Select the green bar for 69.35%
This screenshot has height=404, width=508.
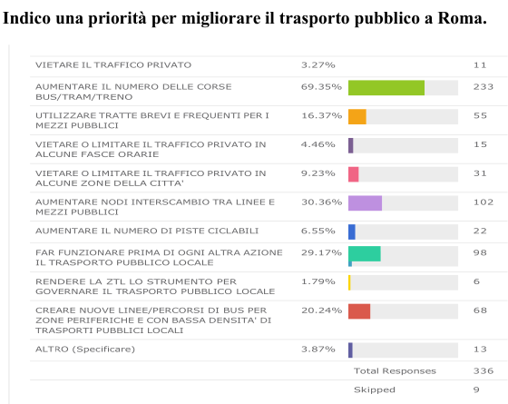pos(386,87)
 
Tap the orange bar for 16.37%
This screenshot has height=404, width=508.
pos(357,116)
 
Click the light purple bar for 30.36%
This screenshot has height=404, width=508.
pos(365,203)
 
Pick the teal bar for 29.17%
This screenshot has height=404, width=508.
pos(364,253)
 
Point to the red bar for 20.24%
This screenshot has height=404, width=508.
pos(359,311)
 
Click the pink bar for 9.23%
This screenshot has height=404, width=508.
pos(353,174)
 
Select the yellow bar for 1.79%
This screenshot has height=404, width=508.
pos(349,282)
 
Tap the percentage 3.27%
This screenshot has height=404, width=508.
pos(317,65)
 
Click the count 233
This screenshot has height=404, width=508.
pos(483,87)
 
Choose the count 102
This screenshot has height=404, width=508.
pos(483,202)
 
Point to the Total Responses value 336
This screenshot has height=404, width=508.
pos(483,371)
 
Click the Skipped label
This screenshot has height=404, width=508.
pos(374,389)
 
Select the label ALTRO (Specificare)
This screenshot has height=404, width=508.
pos(85,350)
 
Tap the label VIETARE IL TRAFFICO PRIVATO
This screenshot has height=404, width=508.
pos(113,65)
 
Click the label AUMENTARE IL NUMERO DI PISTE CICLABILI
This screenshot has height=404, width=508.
pos(147,231)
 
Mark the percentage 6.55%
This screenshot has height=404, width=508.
pos(317,231)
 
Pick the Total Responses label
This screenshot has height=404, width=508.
pos(395,371)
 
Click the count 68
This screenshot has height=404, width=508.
pos(480,310)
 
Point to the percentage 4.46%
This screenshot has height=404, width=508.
pos(317,144)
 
